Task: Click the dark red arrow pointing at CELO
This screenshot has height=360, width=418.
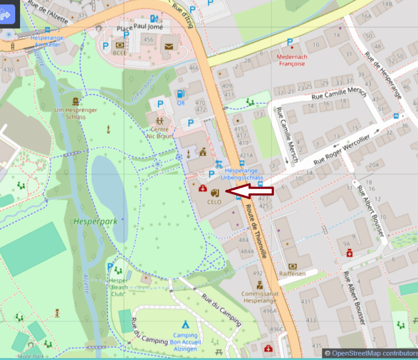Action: point(249,191)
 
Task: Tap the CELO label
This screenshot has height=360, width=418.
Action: point(214,201)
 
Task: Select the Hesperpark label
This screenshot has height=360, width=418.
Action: point(87,221)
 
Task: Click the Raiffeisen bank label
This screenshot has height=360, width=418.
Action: point(293,274)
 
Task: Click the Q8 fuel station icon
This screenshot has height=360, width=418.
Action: point(180,94)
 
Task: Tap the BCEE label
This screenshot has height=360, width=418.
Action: point(120,53)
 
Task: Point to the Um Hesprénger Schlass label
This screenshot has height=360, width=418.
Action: point(76,113)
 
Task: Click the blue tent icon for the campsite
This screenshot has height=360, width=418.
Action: point(185,325)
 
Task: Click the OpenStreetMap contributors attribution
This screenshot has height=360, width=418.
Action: point(371,353)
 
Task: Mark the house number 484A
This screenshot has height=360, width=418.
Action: point(247,251)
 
